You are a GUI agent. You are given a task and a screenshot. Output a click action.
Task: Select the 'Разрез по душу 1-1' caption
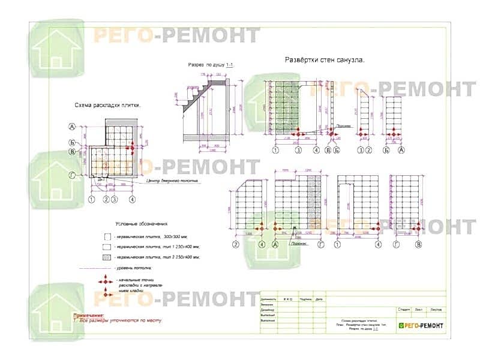211,65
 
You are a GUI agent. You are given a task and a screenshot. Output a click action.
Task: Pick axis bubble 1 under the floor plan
92,199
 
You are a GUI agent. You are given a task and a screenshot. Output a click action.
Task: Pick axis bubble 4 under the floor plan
132,199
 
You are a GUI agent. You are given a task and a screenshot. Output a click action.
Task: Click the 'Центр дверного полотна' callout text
172,180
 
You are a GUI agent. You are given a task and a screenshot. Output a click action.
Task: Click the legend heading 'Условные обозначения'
141,222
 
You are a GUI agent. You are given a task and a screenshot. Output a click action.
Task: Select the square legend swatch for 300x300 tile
107,237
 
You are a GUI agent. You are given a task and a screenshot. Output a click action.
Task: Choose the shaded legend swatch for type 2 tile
107,257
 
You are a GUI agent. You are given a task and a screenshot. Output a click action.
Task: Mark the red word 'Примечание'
88,314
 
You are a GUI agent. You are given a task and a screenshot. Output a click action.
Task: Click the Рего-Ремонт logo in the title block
421,325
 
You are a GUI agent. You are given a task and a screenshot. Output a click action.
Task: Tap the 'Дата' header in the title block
319,298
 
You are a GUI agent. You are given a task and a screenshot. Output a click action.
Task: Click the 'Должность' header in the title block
268,298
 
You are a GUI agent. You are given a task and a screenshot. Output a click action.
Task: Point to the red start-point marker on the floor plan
131,148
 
